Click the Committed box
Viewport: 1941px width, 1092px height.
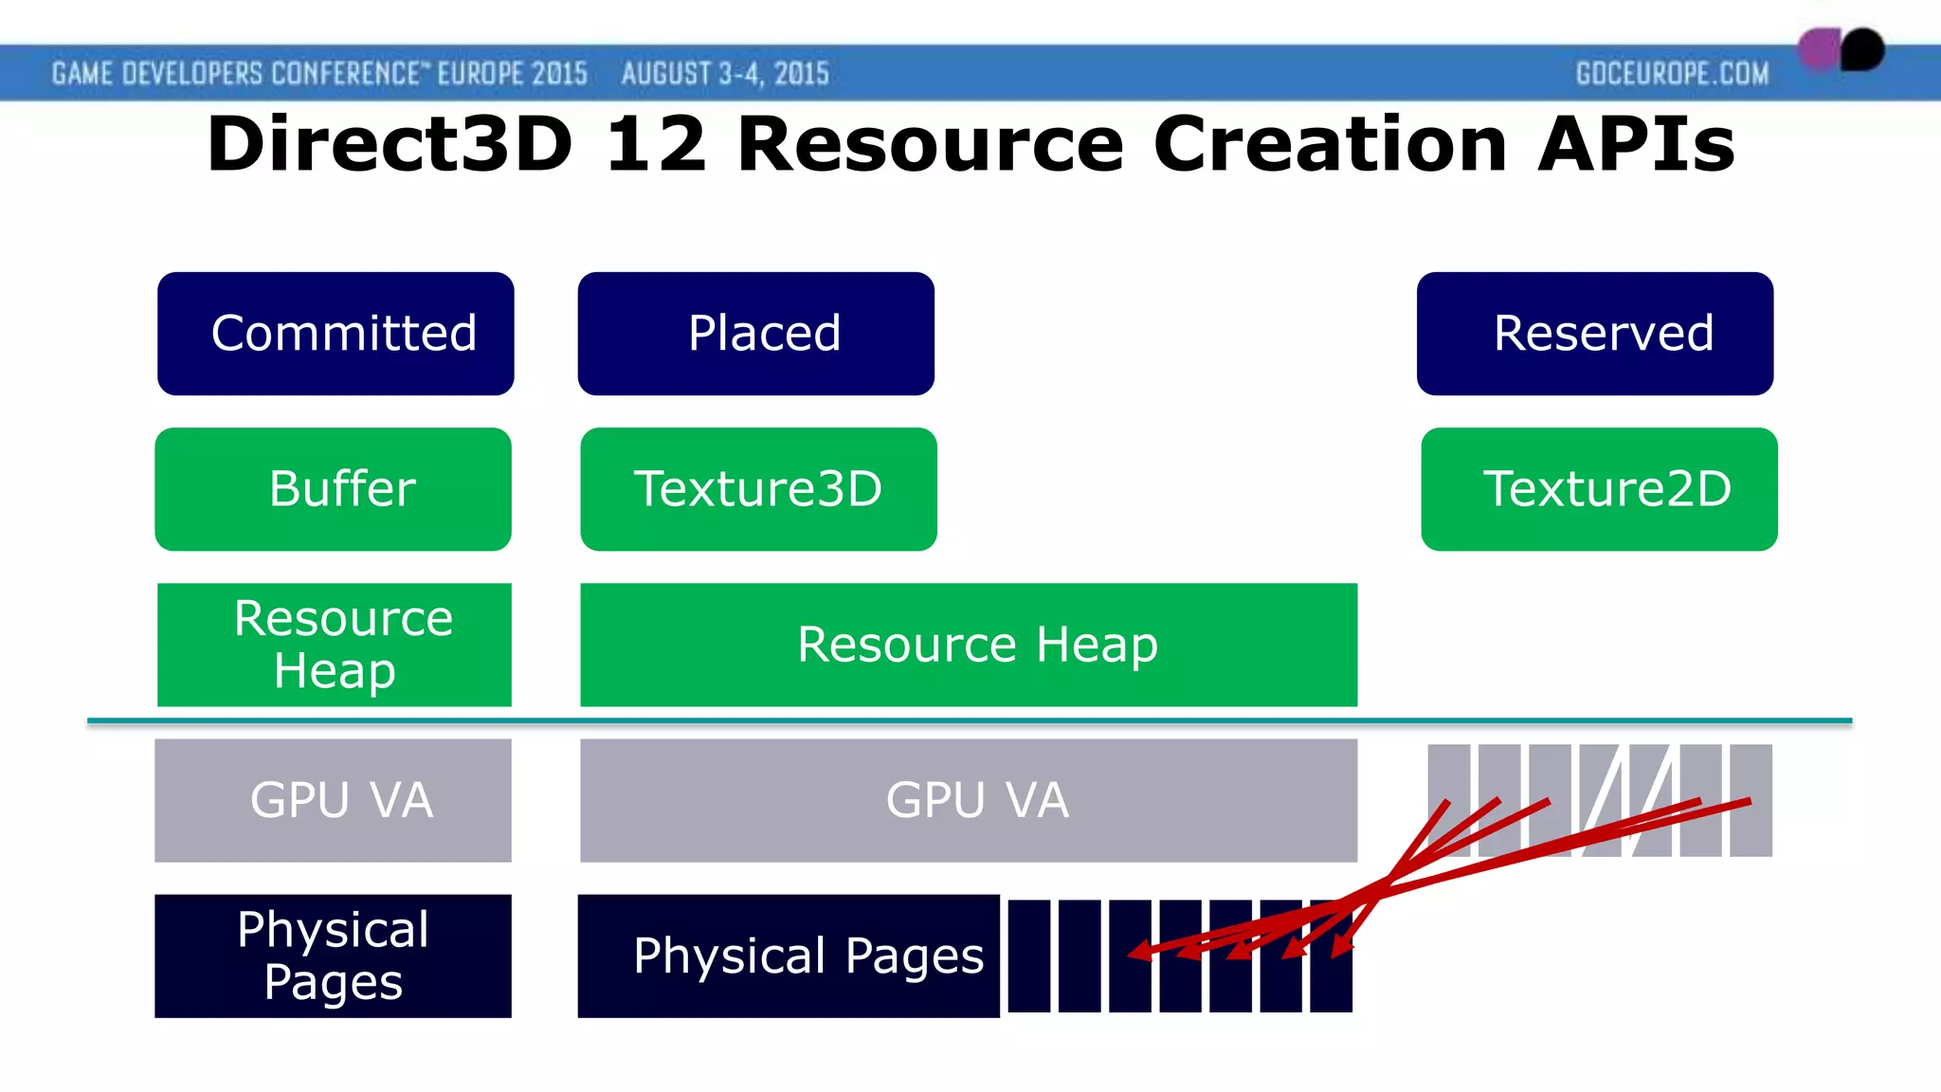336,334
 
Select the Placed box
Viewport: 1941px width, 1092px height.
756,334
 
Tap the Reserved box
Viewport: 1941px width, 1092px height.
1595,334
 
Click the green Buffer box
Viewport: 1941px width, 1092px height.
334,489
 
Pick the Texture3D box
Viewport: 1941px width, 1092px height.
758,489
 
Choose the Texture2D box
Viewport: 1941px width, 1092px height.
1599,489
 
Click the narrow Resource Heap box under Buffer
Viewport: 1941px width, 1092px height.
334,645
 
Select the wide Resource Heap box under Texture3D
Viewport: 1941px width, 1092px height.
969,645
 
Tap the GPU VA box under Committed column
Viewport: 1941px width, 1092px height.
334,800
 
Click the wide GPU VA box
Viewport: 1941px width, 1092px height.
969,800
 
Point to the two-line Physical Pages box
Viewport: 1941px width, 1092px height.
334,955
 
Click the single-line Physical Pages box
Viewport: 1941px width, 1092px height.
789,955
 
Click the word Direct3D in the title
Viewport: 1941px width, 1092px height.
390,144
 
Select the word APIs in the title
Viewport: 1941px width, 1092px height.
1636,144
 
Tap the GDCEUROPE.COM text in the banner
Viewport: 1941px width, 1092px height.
1672,74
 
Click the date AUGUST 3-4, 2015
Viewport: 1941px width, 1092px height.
725,74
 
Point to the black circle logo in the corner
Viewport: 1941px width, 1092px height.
1863,49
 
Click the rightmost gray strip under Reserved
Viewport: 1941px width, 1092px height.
1751,800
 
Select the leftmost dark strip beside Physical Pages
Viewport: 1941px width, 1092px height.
1029,955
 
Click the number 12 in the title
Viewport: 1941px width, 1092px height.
656,144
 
